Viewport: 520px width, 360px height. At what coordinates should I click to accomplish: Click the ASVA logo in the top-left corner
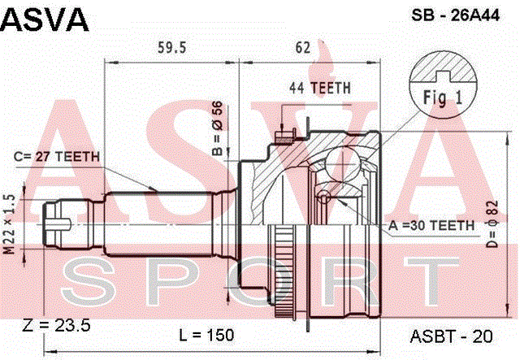pos(45,20)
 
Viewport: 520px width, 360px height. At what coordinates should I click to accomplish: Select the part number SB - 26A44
pos(455,15)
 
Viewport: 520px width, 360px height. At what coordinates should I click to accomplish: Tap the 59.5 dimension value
pos(171,48)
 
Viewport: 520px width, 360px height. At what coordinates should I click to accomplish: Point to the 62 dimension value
pos(303,48)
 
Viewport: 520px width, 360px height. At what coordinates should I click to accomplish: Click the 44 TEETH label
pos(319,88)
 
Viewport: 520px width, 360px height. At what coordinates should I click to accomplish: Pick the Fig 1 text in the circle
pos(442,98)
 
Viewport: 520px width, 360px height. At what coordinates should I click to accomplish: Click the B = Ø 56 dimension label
pos(218,128)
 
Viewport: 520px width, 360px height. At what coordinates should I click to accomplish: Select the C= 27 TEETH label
pos(57,157)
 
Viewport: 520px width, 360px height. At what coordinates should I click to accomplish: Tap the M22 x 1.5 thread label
pos(10,224)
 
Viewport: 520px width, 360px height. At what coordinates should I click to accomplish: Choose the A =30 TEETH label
pos(431,226)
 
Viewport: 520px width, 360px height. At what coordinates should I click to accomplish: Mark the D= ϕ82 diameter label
pos(492,224)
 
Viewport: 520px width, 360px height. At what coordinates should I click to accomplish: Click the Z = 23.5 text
pos(56,326)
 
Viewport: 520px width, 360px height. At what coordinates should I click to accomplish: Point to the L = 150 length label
pos(206,335)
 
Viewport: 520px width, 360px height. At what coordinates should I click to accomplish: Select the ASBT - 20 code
pos(452,336)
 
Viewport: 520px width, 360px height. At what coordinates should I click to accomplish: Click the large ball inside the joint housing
pos(342,164)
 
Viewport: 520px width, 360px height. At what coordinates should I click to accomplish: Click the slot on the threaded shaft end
pos(58,224)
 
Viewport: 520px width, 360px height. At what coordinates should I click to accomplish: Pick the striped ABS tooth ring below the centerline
pos(283,271)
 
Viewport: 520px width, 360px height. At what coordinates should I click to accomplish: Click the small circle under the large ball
pos(323,197)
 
